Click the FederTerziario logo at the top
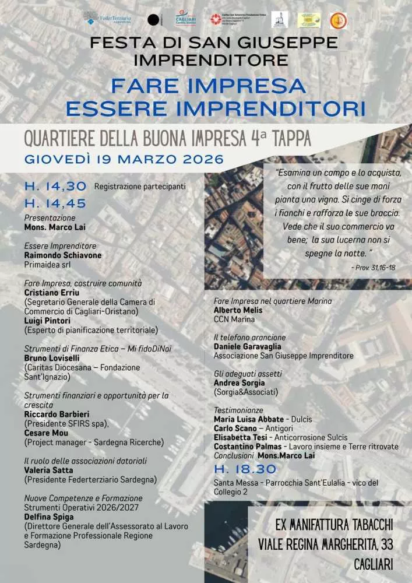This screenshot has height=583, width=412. [x=108, y=19]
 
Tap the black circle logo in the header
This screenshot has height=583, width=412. [x=153, y=20]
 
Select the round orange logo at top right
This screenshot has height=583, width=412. [x=338, y=20]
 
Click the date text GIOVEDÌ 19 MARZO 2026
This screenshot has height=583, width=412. [x=124, y=159]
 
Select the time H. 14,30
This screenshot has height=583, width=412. [x=55, y=187]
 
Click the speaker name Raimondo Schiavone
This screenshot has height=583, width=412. [x=63, y=255]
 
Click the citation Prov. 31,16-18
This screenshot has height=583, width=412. [x=374, y=267]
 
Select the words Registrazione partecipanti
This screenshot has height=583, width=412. [x=140, y=187]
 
